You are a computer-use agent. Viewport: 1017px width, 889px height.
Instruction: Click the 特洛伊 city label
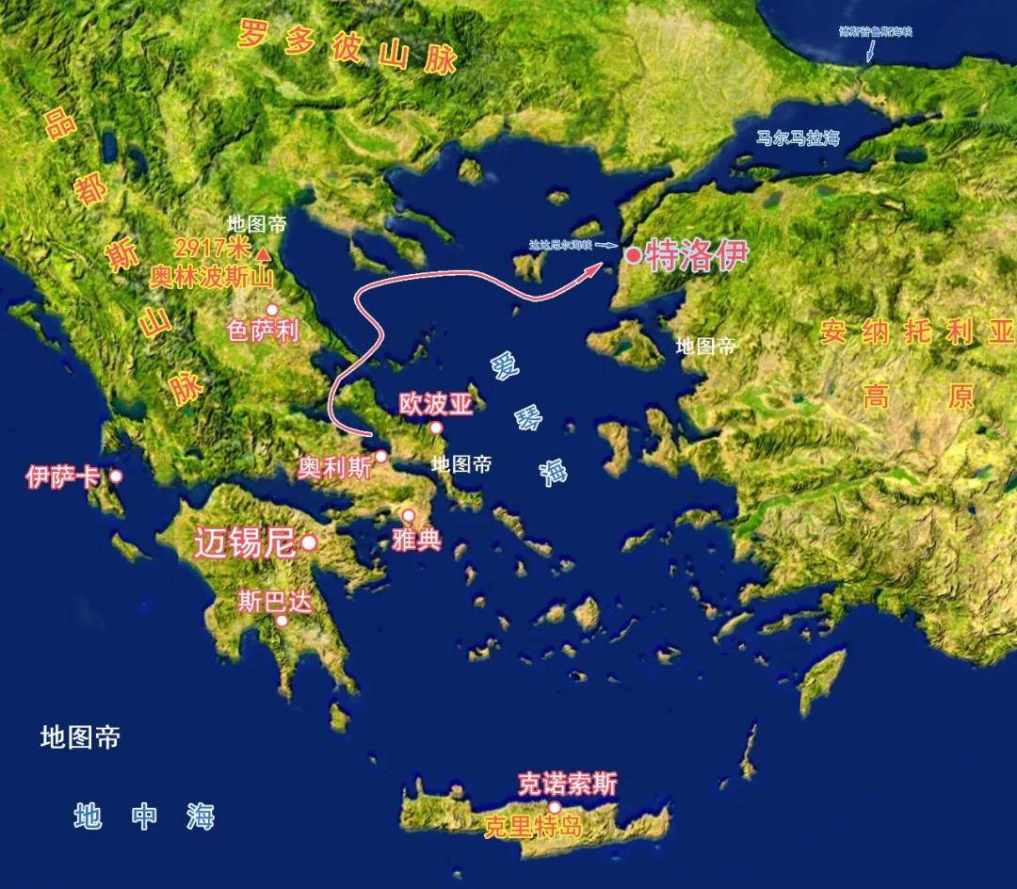coord(694,255)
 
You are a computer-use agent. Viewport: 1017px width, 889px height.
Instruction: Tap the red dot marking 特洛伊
coord(635,254)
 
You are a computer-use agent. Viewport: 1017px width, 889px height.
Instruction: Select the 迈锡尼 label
coord(245,543)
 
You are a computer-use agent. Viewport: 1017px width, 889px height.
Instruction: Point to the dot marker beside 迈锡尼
coord(308,543)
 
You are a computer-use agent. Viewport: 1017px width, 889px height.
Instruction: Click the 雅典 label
coord(416,541)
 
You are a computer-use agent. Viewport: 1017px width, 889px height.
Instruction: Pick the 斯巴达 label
coord(274,602)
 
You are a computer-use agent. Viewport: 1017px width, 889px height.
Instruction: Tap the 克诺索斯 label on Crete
coord(568,784)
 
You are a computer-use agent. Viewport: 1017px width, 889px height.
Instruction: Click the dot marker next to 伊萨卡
coord(116,477)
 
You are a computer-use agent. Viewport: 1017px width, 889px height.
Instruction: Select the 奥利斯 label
coord(335,468)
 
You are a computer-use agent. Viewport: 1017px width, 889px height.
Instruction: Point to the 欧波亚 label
coord(434,404)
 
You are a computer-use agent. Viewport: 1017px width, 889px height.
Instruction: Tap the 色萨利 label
coord(263,331)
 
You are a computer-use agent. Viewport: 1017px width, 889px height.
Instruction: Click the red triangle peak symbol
coord(266,253)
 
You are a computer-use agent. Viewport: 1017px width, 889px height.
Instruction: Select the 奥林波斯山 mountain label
coord(210,278)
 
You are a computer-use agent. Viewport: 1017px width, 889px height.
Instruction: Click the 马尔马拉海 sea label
coord(798,138)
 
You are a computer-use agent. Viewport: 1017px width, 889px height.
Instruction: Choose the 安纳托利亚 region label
coord(917,332)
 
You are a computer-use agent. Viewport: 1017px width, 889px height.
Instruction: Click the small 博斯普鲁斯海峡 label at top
coord(876,32)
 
